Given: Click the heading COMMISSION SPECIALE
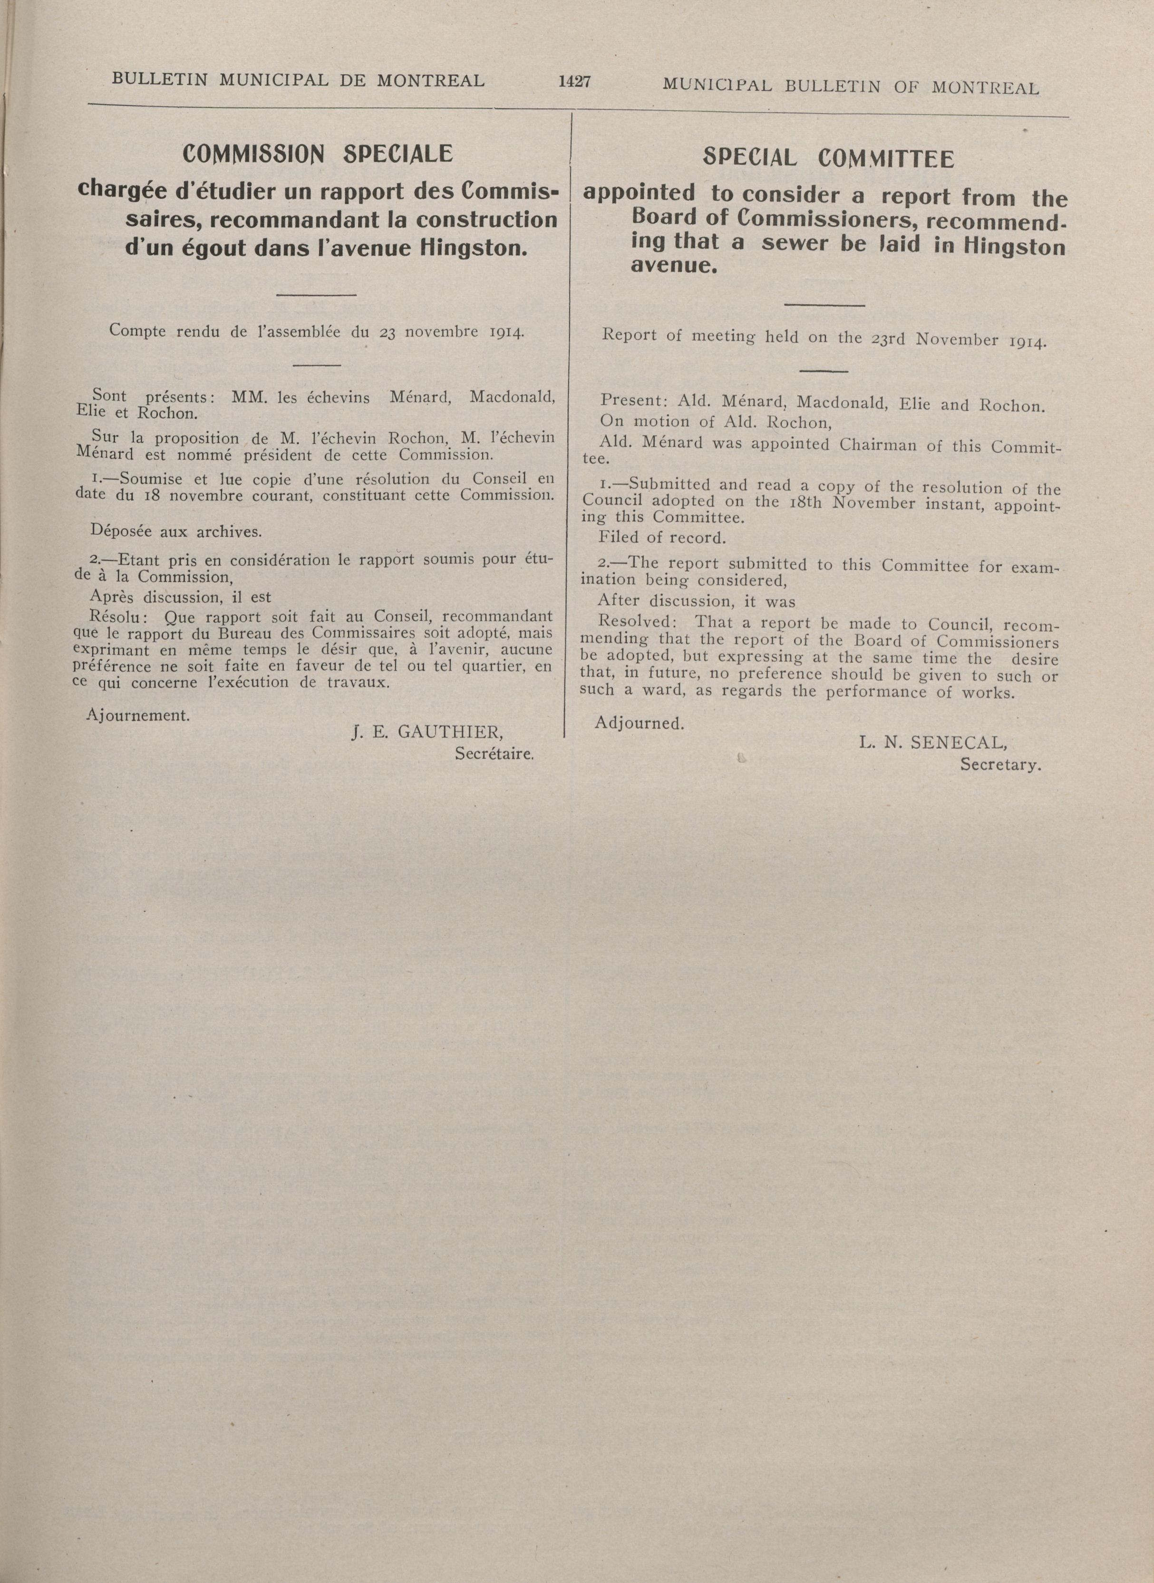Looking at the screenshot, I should (x=317, y=154).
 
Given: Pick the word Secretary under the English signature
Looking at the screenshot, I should (x=1000, y=764).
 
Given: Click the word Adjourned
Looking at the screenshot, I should (x=639, y=724).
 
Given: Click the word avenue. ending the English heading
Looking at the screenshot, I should (x=674, y=266).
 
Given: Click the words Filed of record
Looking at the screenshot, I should (x=662, y=539).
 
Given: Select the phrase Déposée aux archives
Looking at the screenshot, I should (x=176, y=531).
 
